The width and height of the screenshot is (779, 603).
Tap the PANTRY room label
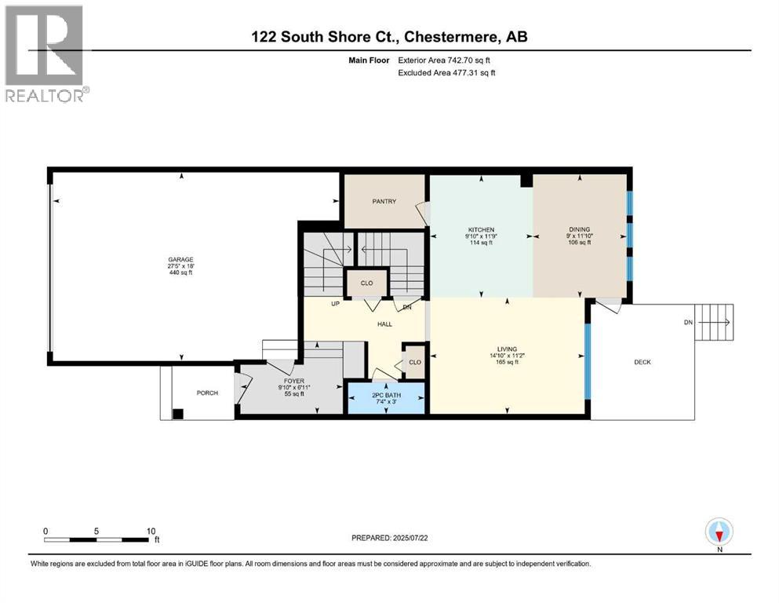pyautogui.click(x=384, y=201)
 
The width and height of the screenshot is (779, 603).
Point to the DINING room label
pyautogui.click(x=579, y=229)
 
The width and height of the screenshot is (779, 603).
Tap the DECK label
pyautogui.click(x=642, y=362)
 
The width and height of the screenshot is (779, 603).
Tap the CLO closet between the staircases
pyautogui.click(x=366, y=283)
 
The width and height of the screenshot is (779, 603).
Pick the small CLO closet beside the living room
pyautogui.click(x=414, y=362)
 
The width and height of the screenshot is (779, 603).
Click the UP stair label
pyautogui.click(x=334, y=303)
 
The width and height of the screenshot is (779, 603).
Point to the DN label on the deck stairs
pyautogui.click(x=688, y=322)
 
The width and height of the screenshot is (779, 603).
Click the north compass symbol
pyautogui.click(x=719, y=533)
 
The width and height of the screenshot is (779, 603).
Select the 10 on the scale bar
pyautogui.click(x=151, y=530)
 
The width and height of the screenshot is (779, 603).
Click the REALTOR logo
pyautogui.click(x=45, y=52)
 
